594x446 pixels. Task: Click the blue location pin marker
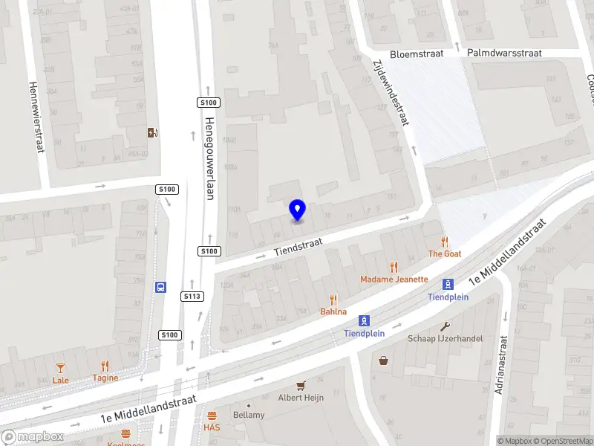point(298,210)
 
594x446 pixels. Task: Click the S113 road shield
point(192,297)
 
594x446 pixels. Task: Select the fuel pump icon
point(153,133)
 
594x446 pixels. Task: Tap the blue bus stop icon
point(160,287)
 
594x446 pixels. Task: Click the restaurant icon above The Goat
point(445,242)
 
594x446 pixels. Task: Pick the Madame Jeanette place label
point(394,279)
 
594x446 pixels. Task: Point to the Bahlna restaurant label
point(333,311)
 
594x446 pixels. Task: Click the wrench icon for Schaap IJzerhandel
point(446,326)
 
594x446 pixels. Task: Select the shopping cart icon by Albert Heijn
point(301,385)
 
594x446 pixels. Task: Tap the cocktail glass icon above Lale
point(60,367)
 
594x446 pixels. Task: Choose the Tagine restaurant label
point(105,378)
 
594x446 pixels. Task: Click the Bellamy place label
point(248,415)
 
